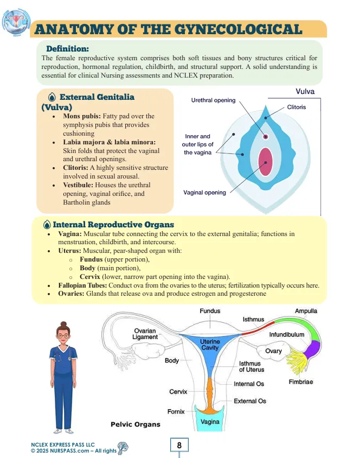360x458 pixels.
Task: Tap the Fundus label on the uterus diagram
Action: click(x=210, y=311)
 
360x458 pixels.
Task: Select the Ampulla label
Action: click(x=306, y=311)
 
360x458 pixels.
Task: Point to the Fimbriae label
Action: click(x=301, y=382)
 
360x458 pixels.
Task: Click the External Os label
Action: click(x=250, y=401)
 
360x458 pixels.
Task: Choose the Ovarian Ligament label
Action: click(x=145, y=334)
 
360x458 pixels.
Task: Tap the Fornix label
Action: click(x=176, y=411)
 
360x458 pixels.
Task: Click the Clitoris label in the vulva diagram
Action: click(x=296, y=107)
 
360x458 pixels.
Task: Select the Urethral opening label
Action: click(x=213, y=100)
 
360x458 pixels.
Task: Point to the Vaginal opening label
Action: click(x=205, y=192)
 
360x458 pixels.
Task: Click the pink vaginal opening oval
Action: click(x=265, y=161)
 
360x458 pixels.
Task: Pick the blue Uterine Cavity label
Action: click(x=210, y=345)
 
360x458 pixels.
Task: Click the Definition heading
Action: click(x=68, y=49)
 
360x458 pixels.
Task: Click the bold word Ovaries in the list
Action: click(x=70, y=294)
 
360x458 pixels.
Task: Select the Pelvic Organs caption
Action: click(x=136, y=424)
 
